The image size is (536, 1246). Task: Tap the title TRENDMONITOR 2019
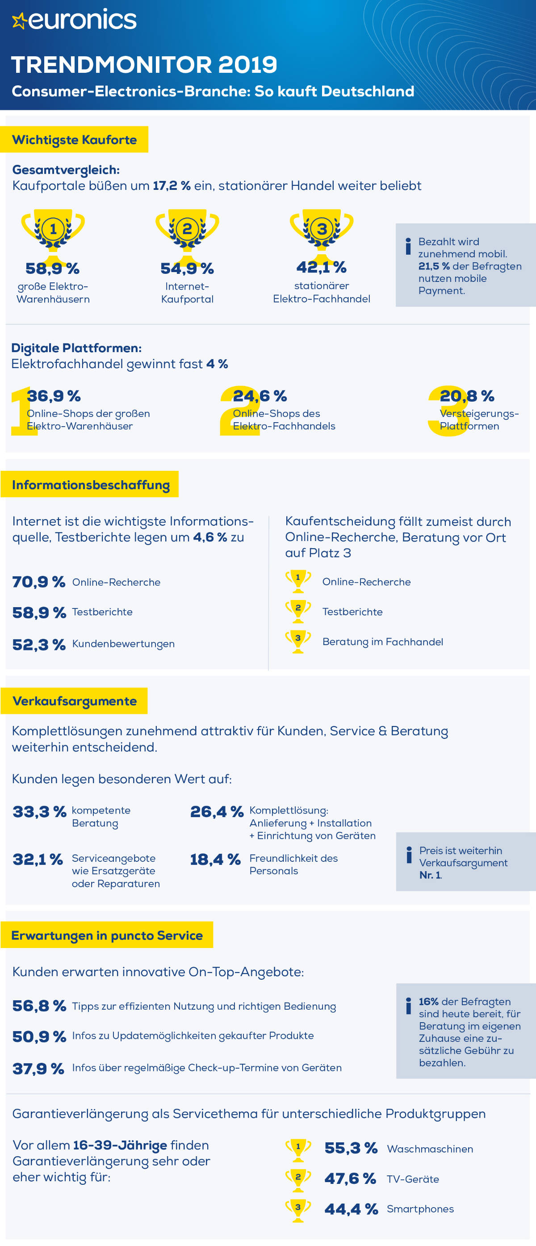(x=144, y=65)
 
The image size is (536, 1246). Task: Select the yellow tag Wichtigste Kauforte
(x=74, y=140)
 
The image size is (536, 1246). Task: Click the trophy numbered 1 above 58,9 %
(x=53, y=229)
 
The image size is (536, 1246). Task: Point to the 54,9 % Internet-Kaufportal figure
(x=187, y=268)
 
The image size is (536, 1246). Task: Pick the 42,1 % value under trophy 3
(x=321, y=267)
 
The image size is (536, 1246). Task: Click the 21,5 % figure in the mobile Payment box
(x=434, y=266)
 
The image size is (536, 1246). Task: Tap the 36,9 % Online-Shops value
(x=54, y=396)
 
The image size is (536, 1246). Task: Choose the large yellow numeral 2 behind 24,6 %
(x=238, y=411)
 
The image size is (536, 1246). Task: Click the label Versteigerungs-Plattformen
(x=478, y=420)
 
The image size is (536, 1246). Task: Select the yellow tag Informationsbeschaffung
(x=91, y=485)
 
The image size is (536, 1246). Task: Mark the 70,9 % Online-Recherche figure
(x=39, y=582)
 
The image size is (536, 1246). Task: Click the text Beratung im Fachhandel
(x=382, y=642)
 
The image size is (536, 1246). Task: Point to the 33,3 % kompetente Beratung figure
(x=39, y=812)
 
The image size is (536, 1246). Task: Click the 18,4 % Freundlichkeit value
(x=215, y=860)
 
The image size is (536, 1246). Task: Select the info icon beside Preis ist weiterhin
(x=409, y=855)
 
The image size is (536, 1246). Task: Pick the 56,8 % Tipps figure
(x=39, y=1006)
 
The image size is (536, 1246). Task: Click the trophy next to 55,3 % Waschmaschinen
(x=298, y=1150)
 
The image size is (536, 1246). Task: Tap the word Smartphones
(x=420, y=1209)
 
